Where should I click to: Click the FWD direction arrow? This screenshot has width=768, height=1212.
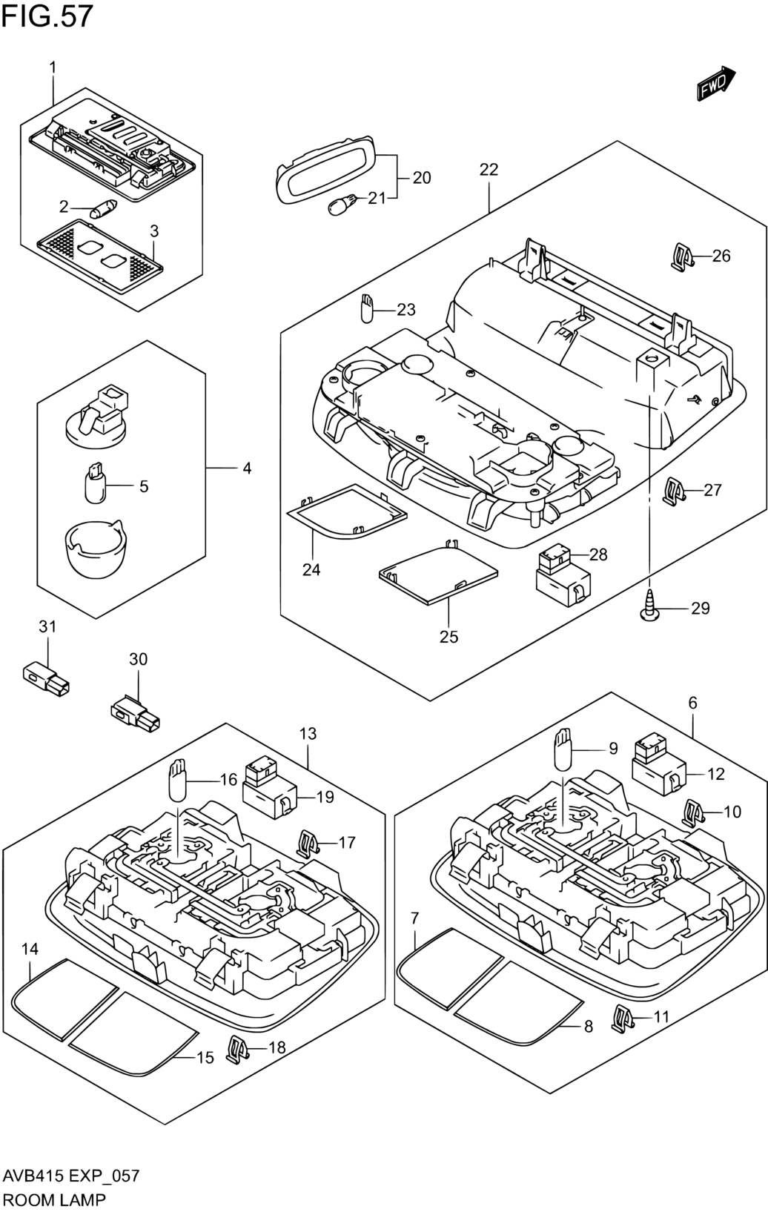(715, 84)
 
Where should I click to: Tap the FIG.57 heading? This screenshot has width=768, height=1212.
(47, 16)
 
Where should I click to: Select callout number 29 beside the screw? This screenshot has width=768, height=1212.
(701, 608)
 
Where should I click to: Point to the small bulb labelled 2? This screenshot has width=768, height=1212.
(103, 208)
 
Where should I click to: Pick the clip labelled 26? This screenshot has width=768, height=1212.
(682, 256)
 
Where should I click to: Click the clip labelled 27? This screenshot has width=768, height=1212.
(675, 491)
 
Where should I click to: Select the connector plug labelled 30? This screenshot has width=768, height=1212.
(136, 713)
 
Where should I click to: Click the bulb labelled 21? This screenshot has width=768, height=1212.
(342, 205)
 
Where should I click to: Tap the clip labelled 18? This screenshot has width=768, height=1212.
(236, 1050)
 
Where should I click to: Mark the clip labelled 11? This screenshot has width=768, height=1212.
(623, 1019)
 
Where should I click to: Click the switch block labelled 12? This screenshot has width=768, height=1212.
(659, 766)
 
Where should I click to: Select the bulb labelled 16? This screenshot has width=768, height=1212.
(177, 781)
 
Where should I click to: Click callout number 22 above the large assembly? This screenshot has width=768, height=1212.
(489, 170)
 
